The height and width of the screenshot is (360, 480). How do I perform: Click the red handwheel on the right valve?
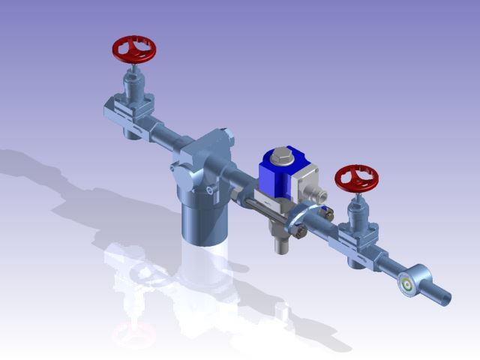[x=357, y=178]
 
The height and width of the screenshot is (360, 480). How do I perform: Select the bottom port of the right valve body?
[x=356, y=257]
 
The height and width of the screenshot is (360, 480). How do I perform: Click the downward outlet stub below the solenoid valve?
[x=282, y=241]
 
